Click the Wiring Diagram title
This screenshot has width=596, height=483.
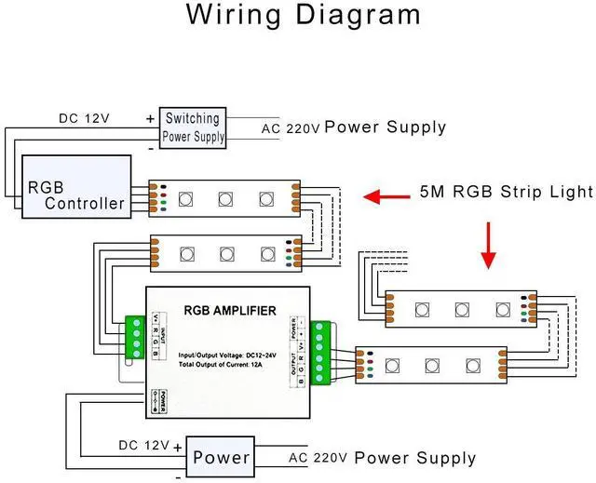(303, 16)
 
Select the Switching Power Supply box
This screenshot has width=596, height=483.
(194, 127)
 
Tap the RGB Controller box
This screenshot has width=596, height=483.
(76, 186)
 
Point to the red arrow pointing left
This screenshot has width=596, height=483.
(386, 196)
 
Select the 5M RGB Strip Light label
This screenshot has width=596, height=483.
(506, 193)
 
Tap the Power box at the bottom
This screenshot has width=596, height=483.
(221, 457)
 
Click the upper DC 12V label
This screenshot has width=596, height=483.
(87, 118)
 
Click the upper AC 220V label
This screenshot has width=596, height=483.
(291, 128)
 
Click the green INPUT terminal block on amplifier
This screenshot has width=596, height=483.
(136, 336)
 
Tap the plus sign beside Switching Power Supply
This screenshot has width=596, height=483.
(149, 118)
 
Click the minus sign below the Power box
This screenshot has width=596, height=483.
(178, 477)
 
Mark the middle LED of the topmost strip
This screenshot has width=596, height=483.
(226, 198)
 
